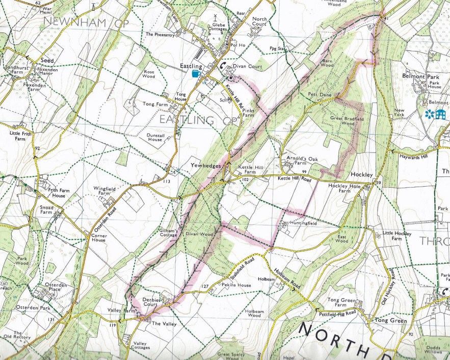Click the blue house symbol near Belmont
pyautogui.click(x=441, y=114)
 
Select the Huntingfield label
pyautogui.click(x=304, y=223)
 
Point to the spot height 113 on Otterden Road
pyautogui.click(x=166, y=181)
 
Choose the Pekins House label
pyautogui.click(x=236, y=285)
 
